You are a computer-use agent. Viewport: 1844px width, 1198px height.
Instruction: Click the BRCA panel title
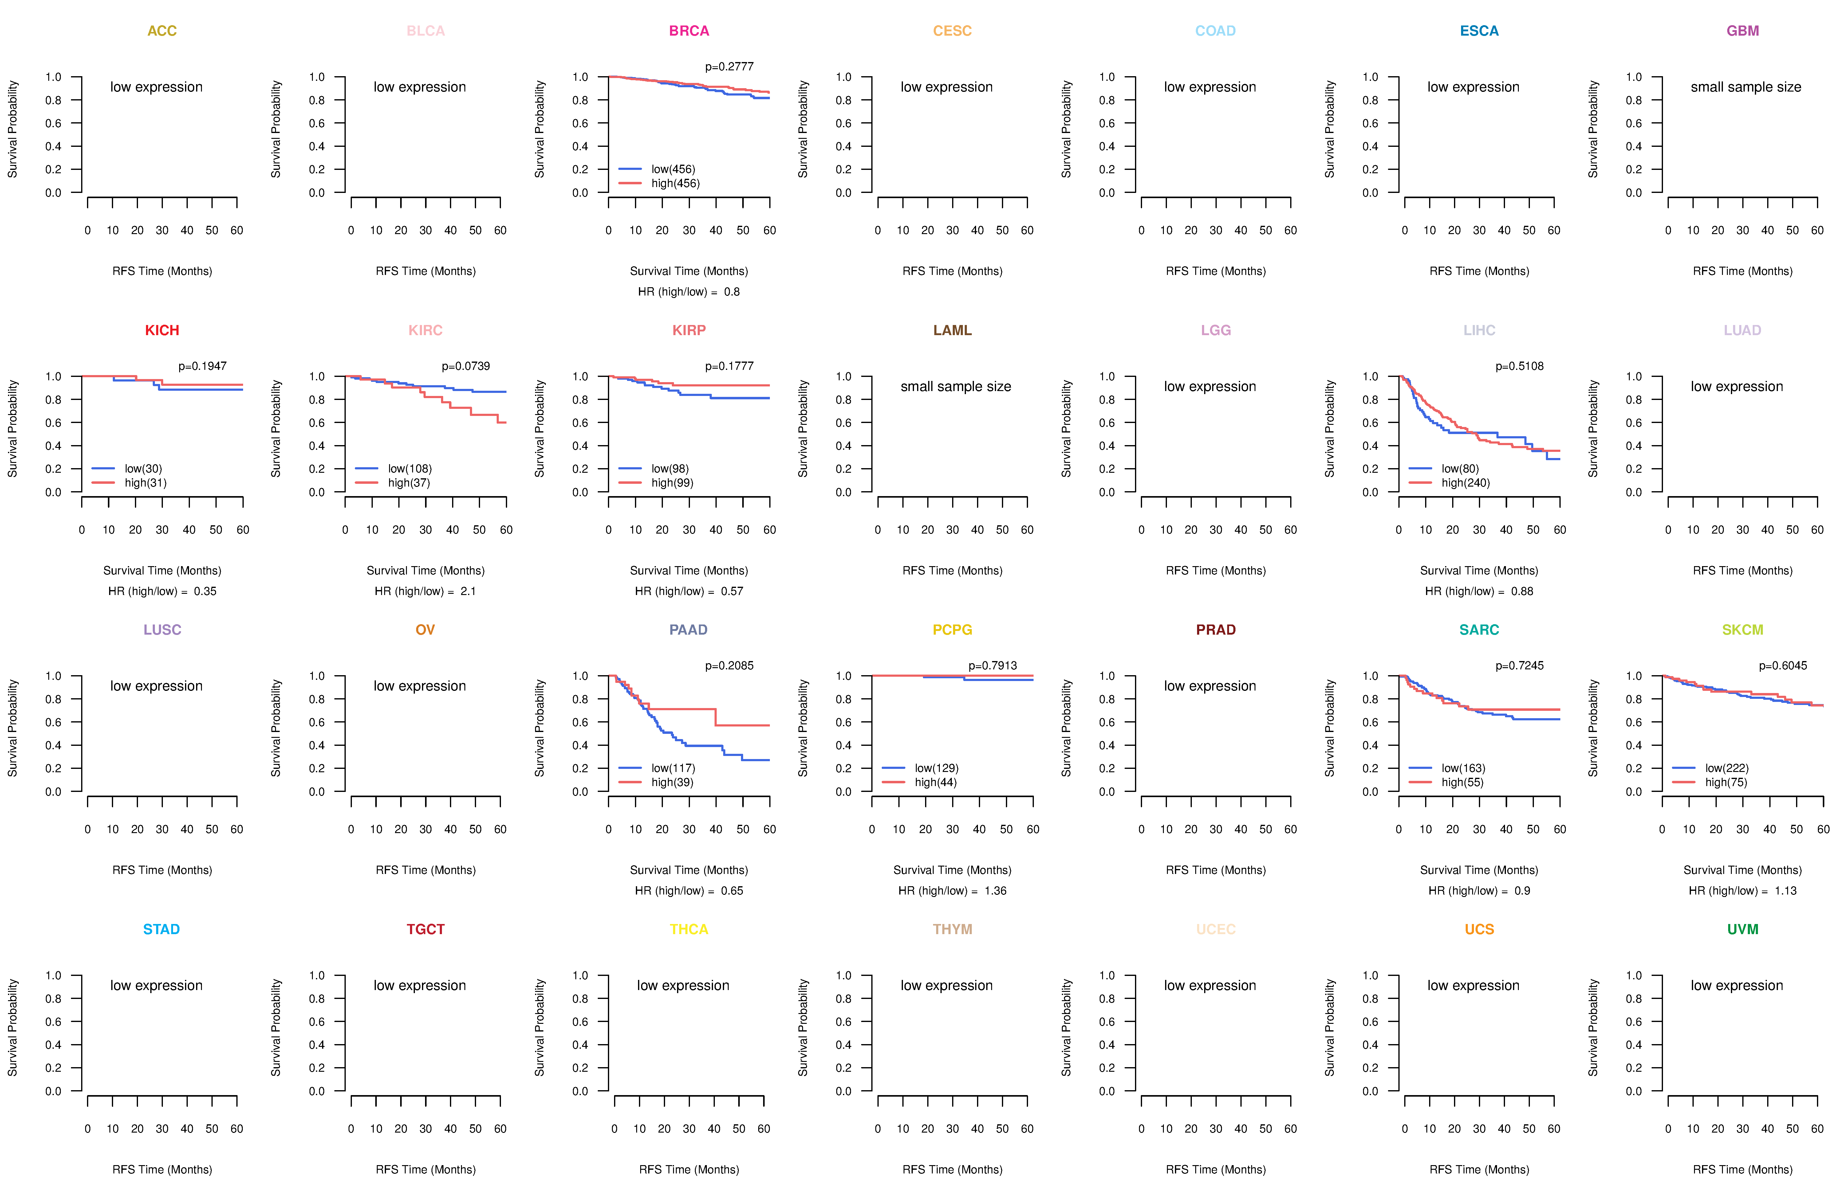689,31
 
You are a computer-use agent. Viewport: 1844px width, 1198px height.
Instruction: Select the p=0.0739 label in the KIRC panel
466,366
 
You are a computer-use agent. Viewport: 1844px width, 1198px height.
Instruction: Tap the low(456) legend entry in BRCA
673,169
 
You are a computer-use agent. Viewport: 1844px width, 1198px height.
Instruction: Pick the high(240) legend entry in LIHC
1465,483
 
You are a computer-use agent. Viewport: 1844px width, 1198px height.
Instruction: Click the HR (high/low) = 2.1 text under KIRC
425,591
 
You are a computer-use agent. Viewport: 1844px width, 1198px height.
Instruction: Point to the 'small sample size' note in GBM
1746,87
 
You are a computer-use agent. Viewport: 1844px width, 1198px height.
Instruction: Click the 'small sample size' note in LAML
955,386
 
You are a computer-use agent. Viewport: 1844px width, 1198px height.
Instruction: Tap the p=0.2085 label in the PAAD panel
729,665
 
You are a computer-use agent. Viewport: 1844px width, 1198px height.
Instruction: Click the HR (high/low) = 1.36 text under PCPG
952,891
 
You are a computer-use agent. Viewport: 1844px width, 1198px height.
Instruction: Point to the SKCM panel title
1743,630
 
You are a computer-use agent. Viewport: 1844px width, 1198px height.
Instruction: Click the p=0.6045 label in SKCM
1783,665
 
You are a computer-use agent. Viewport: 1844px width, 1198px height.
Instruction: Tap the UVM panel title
1743,929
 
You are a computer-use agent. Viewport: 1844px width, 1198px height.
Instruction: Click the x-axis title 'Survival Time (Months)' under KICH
162,571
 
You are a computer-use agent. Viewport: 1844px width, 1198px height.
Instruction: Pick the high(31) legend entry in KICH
146,483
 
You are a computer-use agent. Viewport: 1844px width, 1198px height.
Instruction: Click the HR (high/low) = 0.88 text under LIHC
1479,591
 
